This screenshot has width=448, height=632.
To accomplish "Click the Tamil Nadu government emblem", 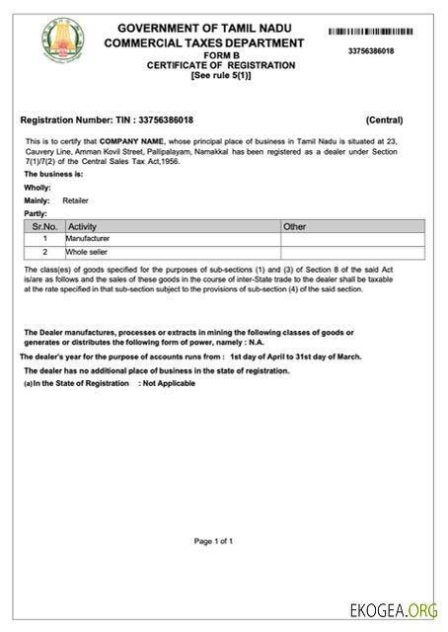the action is pyautogui.click(x=64, y=40).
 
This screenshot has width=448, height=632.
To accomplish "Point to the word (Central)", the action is pyautogui.click(x=384, y=120).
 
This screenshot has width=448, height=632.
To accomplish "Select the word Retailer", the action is pyautogui.click(x=75, y=200).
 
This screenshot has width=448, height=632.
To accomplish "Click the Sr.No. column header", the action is pyautogui.click(x=44, y=226).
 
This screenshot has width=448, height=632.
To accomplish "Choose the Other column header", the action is pyautogui.click(x=295, y=226).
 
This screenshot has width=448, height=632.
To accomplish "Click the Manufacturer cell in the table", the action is pyautogui.click(x=88, y=239).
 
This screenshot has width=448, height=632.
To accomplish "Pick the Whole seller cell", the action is pyautogui.click(x=86, y=252).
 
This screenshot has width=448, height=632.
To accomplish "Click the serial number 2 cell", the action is pyautogui.click(x=44, y=252).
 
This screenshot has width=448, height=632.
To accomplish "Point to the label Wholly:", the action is pyautogui.click(x=37, y=187).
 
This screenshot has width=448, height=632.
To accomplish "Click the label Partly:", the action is pyautogui.click(x=37, y=213).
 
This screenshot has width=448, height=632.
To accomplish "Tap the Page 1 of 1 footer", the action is pyautogui.click(x=214, y=541).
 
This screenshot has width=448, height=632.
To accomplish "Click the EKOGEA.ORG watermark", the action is pyautogui.click(x=393, y=609).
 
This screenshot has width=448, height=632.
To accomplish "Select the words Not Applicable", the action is pyautogui.click(x=169, y=383).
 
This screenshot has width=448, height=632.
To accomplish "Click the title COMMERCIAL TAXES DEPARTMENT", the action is pyautogui.click(x=204, y=43).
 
